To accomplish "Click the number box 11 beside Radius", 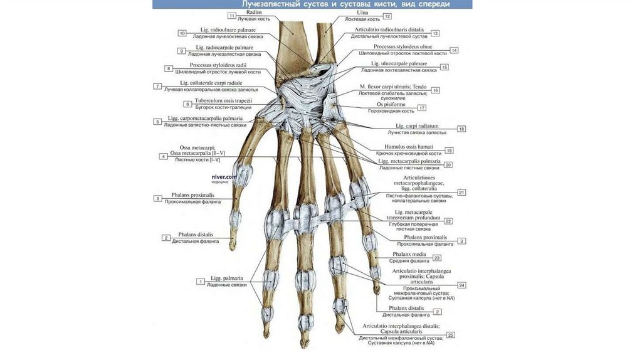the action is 233,15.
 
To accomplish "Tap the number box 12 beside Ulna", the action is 387,16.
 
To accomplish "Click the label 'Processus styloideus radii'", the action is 218,65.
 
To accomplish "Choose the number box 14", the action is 454,50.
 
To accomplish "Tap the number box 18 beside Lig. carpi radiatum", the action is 461,129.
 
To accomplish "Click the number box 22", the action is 448,221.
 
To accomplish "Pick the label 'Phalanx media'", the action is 409,254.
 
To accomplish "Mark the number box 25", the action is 450,335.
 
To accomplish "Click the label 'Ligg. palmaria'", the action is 226,278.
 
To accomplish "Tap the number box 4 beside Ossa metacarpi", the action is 163,156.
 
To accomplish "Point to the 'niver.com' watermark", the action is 224,177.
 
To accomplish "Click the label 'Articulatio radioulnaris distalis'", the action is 389,29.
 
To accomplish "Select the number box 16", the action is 435,90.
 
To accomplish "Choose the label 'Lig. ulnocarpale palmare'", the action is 399,63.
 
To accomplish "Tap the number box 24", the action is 461,285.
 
